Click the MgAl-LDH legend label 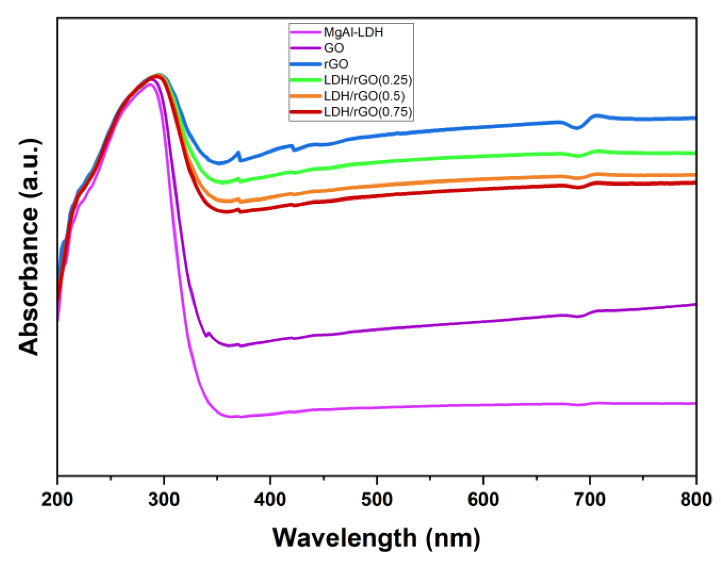pos(353,32)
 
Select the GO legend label pos(334,48)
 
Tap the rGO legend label pos(336,64)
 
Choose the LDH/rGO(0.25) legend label pos(368,80)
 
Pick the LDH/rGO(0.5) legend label pos(364,96)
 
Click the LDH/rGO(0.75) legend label pos(368,112)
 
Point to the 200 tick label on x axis pos(57,500)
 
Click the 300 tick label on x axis pos(163,500)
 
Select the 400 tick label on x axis pos(270,500)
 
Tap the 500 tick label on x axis pos(377,500)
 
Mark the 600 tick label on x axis pos(483,500)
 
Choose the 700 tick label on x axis pos(589,500)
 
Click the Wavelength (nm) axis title pos(376,538)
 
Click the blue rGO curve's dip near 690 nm pos(577,128)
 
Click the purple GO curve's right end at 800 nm pos(694,304)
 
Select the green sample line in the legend pos(305,80)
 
